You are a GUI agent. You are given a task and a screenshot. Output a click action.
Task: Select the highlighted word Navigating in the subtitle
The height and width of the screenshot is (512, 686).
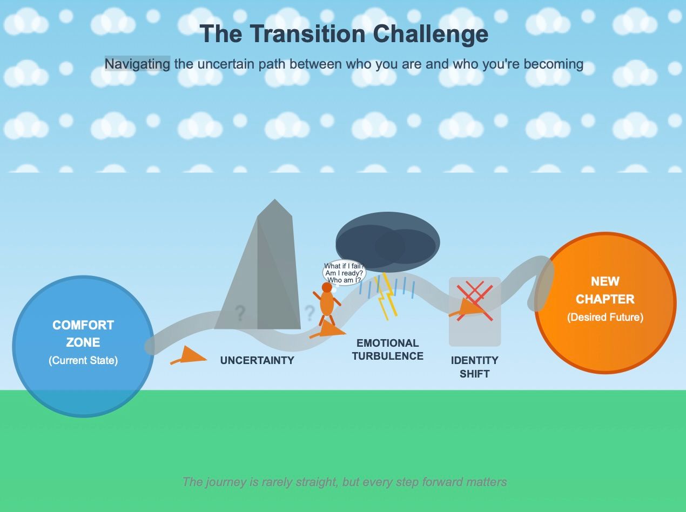[137, 64]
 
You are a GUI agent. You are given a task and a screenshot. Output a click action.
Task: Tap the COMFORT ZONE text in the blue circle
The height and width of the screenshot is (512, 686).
[83, 333]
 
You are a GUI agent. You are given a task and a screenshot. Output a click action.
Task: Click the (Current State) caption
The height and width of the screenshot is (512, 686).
[83, 360]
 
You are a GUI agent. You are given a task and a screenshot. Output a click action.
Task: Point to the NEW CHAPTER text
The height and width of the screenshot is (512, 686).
[605, 290]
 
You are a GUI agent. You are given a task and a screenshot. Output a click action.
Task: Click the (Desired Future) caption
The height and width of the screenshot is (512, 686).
[605, 317]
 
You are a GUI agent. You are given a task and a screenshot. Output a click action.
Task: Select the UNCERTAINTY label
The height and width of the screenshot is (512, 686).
[257, 360]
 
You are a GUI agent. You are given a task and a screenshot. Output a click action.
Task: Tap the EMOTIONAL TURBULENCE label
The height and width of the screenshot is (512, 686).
[387, 349]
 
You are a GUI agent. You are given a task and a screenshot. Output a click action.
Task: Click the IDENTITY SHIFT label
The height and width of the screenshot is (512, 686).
[475, 367]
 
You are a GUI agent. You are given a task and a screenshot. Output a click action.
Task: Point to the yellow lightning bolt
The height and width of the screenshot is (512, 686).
[387, 297]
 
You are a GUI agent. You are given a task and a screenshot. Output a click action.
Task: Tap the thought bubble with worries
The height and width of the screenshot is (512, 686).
[344, 272]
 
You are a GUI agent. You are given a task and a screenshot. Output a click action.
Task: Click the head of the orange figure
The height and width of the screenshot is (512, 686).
[327, 287]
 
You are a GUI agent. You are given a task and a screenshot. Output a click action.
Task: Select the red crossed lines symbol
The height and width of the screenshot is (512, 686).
[475, 300]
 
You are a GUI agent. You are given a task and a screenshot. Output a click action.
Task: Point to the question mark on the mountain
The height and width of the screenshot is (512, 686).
[240, 313]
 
